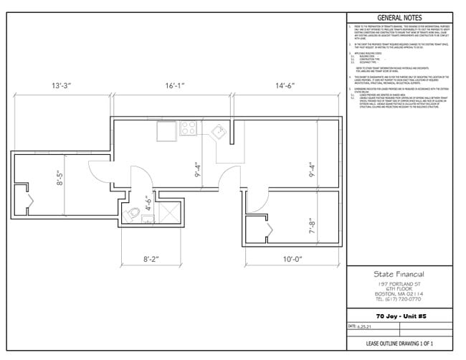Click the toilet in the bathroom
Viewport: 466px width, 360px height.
click(134, 213)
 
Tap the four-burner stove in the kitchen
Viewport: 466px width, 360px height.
click(189, 129)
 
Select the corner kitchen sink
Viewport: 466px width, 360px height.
click(217, 131)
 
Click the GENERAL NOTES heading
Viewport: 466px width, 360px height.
click(399, 18)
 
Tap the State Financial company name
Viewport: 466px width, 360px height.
click(399, 273)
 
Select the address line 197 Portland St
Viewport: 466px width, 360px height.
click(399, 283)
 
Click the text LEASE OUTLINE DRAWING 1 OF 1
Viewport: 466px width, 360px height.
click(399, 346)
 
